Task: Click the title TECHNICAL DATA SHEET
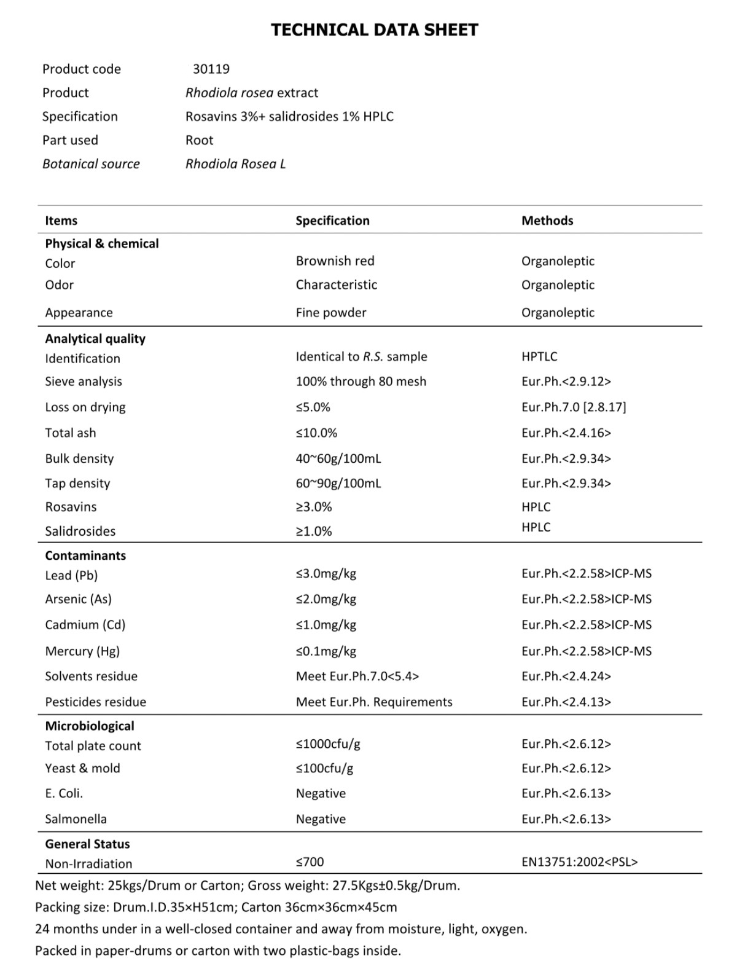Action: click(x=374, y=29)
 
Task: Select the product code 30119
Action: click(x=211, y=69)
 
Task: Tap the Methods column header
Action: click(x=547, y=221)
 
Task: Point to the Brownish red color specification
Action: click(x=335, y=261)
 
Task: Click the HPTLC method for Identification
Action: click(x=539, y=356)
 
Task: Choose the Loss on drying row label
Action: click(x=85, y=407)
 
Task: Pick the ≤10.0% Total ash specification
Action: click(x=316, y=433)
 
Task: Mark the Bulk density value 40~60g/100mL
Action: click(x=338, y=459)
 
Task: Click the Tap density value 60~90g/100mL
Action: click(x=338, y=484)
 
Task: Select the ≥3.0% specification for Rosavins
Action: click(x=313, y=508)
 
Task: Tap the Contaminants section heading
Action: click(x=85, y=555)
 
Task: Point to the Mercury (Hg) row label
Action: click(x=82, y=651)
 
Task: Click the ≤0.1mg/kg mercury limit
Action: click(x=326, y=651)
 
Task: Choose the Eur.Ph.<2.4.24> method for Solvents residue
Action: click(x=566, y=677)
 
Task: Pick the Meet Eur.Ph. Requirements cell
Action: click(x=373, y=702)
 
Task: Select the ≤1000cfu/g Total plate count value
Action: click(x=327, y=744)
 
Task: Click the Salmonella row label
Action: click(x=76, y=819)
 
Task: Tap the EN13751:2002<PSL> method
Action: click(x=579, y=862)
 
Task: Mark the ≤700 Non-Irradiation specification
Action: click(x=310, y=862)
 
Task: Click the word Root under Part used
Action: click(x=199, y=140)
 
